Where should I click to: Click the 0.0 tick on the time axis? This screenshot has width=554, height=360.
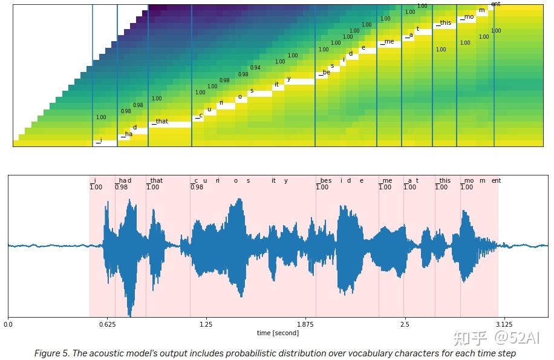[8, 324]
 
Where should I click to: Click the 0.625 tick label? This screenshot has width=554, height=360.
[108, 324]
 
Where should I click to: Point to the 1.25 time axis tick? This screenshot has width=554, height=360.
[206, 324]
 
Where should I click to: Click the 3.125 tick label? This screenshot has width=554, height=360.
[504, 324]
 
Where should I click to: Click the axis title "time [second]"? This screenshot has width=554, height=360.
[278, 333]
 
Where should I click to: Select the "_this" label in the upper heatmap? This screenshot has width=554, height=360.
[444, 23]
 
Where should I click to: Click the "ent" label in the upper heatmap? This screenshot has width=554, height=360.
[495, 4]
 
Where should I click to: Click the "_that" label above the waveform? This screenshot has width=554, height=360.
[155, 180]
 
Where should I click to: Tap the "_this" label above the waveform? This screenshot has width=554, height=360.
[443, 180]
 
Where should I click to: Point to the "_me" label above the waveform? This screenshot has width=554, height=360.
[385, 180]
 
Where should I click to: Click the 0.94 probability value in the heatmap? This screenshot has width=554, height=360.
[255, 68]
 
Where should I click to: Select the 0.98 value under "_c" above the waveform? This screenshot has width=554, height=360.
[197, 187]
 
